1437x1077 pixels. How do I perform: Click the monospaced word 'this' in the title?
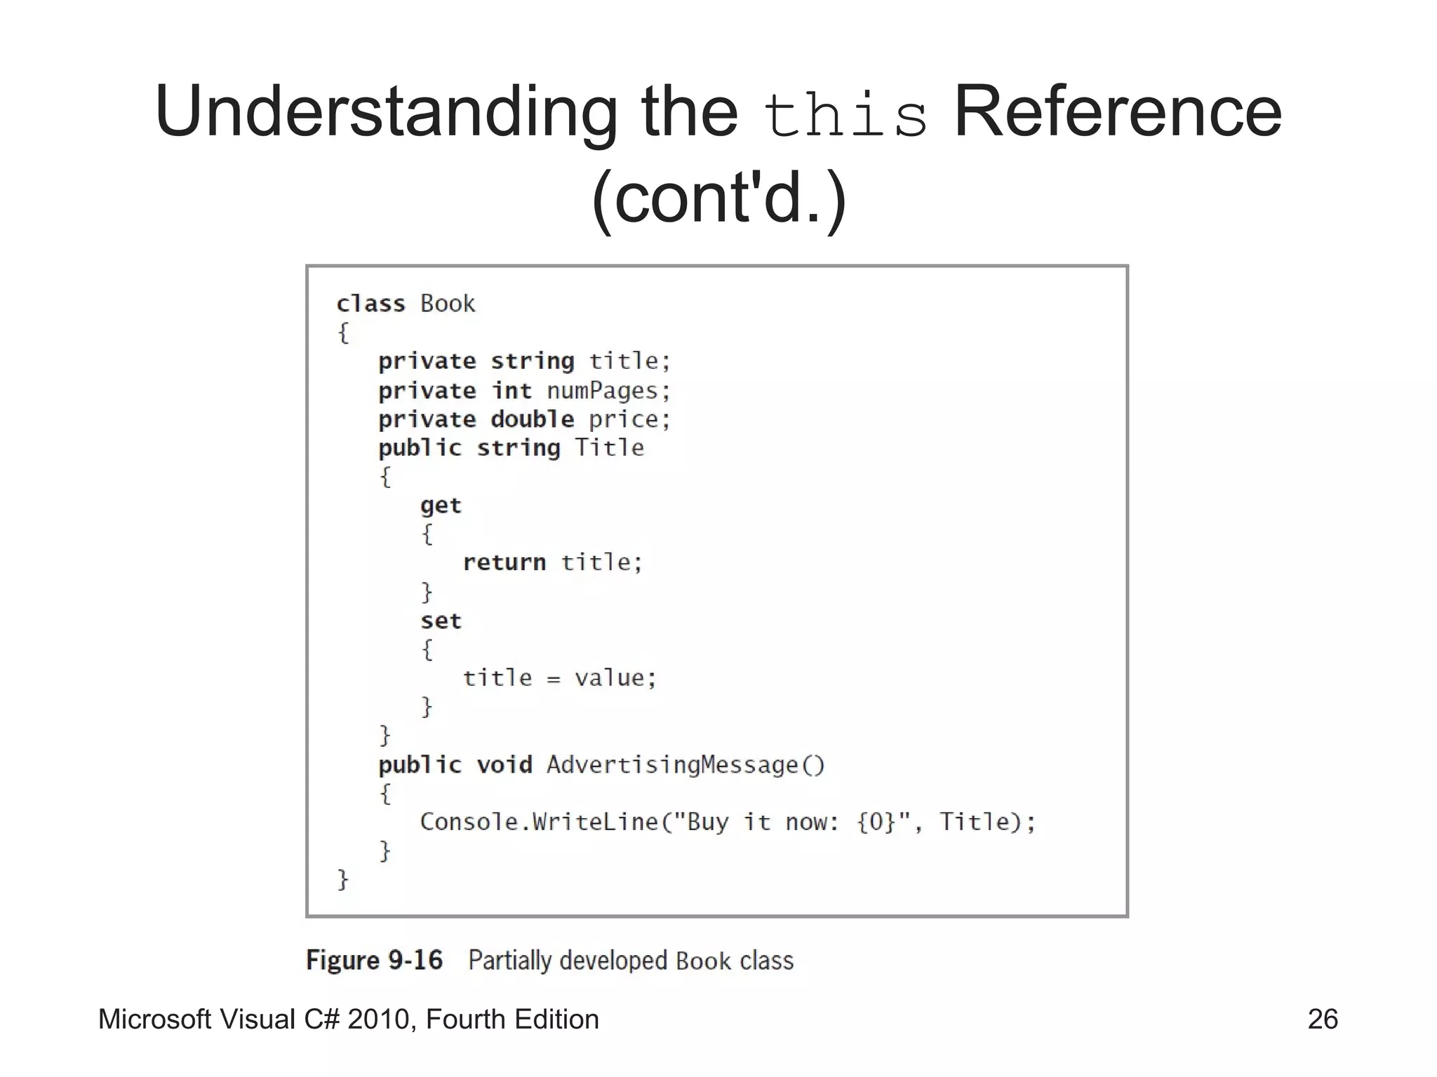845,116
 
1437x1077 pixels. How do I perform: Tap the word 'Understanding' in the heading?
385,112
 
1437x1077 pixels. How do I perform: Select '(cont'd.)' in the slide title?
719,198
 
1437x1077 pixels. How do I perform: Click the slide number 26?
1322,1019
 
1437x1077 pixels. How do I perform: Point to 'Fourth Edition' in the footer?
512,1019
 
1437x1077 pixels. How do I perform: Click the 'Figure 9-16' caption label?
374,960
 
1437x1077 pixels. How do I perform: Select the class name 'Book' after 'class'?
448,304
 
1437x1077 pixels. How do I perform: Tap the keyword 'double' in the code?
533,419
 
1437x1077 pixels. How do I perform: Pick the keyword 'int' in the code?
512,391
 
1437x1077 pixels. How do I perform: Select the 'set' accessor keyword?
441,621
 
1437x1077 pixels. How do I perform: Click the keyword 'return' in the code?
504,562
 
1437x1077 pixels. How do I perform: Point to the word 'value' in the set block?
609,678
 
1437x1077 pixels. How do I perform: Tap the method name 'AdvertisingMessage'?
672,764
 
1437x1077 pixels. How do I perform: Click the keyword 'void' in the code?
504,764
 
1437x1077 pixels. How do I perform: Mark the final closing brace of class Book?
343,879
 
